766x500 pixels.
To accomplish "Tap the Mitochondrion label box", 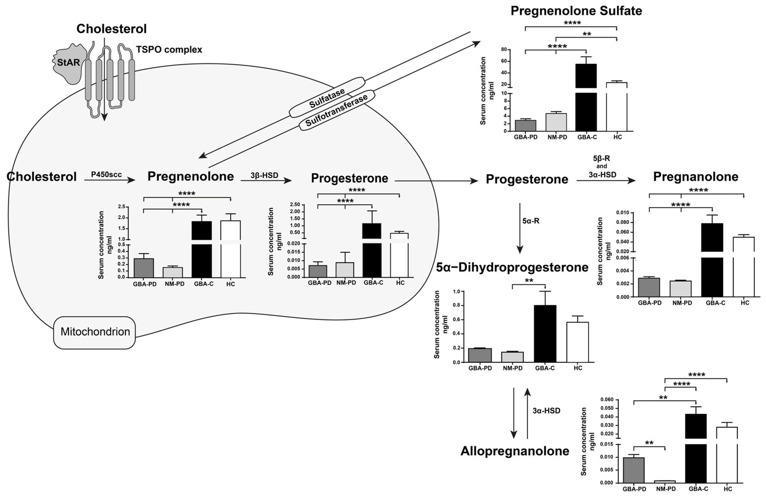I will (95, 332).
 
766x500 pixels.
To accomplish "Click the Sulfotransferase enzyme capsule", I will (337, 110).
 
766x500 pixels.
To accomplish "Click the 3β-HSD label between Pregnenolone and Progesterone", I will (264, 175).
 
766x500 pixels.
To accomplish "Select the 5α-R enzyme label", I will (531, 221).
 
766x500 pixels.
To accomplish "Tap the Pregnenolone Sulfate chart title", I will (576, 11).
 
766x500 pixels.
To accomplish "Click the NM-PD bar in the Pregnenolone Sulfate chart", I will (556, 122).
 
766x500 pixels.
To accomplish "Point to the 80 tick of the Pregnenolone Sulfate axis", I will (504, 49).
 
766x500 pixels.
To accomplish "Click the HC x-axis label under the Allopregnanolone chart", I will (728, 489).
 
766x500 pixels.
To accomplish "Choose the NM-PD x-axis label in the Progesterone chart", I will (346, 283).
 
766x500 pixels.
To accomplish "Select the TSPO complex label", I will (169, 50).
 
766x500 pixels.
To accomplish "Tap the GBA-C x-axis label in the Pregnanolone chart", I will (715, 303).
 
